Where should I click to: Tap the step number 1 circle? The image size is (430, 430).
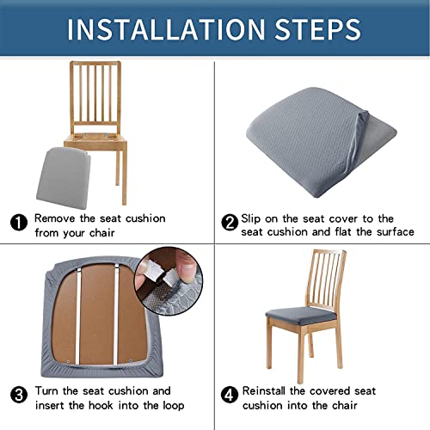(x=19, y=223)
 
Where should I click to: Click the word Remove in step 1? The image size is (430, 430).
(x=58, y=218)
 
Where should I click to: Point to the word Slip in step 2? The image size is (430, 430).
(x=255, y=218)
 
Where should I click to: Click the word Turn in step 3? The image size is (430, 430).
(x=51, y=390)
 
